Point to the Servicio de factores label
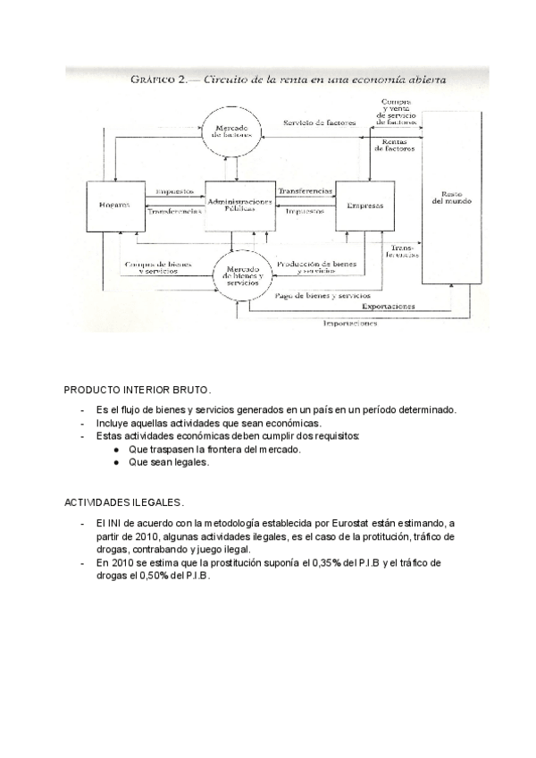click(x=320, y=122)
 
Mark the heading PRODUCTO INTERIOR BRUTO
click(x=137, y=391)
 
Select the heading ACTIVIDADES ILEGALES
click(x=123, y=503)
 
